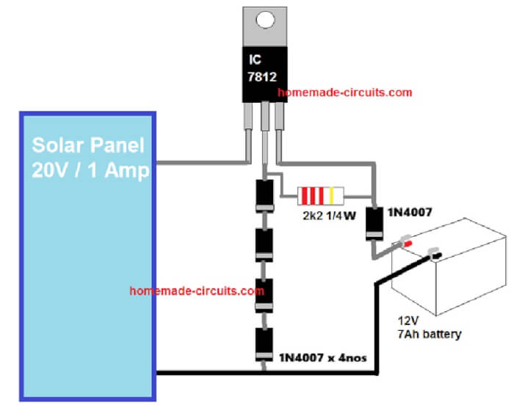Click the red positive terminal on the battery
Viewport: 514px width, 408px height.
(405, 242)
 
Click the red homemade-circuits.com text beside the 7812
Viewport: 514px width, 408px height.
(345, 93)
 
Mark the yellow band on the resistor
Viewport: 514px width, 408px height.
(331, 195)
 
